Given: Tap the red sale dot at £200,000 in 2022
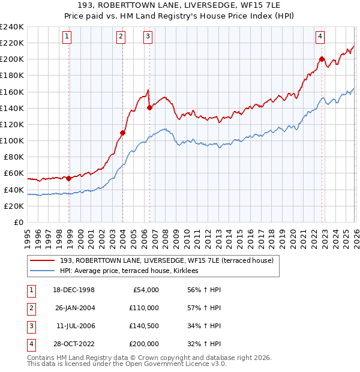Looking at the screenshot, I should [x=322, y=59].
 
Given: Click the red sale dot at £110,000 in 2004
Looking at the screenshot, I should [x=122, y=133].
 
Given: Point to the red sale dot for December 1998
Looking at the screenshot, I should [x=69, y=178].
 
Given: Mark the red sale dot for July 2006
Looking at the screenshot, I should [x=149, y=107].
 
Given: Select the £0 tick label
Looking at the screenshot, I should [x=18, y=222].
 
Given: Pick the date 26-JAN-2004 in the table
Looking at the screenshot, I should [x=75, y=308].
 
